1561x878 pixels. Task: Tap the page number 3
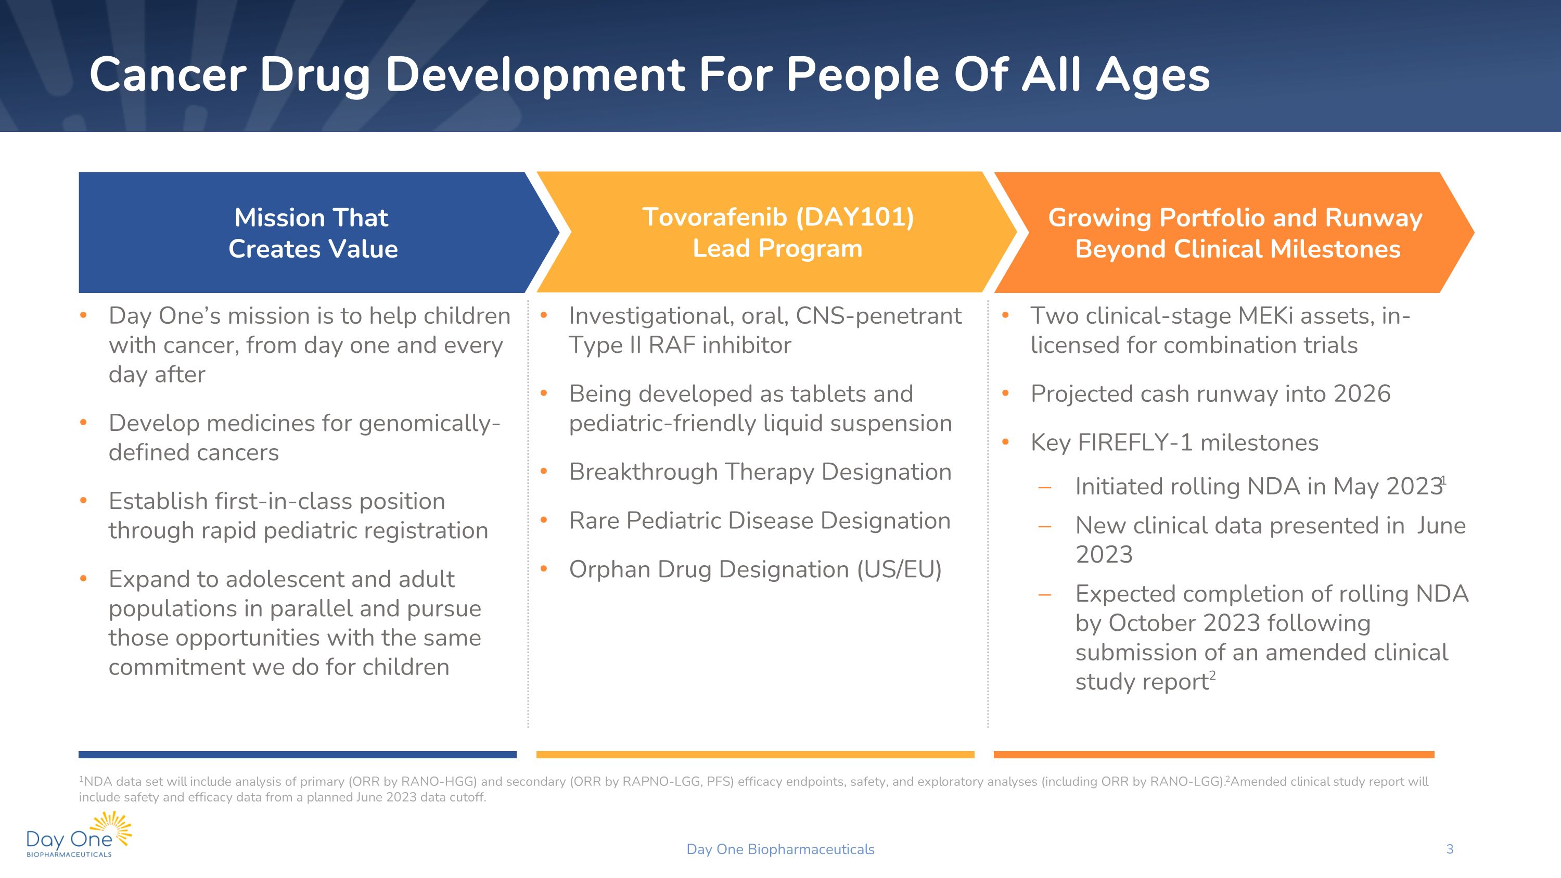click(1450, 849)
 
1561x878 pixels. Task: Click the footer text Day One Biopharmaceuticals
click(780, 849)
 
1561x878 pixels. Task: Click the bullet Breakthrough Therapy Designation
click(760, 472)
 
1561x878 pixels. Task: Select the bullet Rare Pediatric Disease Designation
click(759, 520)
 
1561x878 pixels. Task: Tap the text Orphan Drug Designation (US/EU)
click(755, 569)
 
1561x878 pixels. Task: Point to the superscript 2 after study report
click(1212, 675)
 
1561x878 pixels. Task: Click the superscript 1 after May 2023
click(1444, 480)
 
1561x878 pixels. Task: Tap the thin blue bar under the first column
click(297, 754)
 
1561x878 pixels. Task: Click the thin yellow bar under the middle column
click(754, 754)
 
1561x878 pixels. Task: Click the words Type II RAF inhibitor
click(680, 346)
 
